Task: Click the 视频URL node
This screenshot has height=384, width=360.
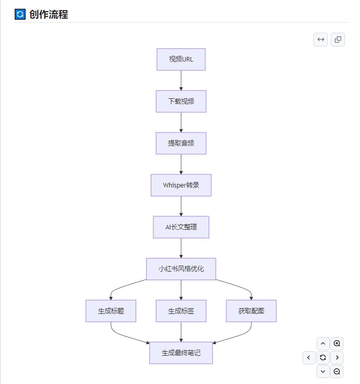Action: [181, 59]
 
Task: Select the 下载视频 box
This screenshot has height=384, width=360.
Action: [181, 101]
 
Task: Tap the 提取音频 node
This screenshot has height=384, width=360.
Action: [181, 143]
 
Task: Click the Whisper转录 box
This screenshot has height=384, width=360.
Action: [181, 185]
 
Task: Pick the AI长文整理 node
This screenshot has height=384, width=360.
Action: [181, 227]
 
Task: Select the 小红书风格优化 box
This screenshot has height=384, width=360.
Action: [181, 269]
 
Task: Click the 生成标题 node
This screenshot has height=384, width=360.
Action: [111, 311]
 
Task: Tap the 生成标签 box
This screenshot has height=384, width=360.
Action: [181, 311]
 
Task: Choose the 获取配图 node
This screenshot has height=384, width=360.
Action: [251, 311]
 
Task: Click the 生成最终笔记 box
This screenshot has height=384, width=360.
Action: [181, 353]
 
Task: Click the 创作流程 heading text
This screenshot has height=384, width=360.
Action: [48, 14]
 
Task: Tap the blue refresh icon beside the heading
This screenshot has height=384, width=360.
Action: [20, 14]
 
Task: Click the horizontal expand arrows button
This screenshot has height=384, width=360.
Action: [321, 39]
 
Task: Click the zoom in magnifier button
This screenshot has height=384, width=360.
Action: [337, 344]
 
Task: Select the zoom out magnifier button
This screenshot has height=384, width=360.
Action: [337, 372]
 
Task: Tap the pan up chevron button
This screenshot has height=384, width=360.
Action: [323, 344]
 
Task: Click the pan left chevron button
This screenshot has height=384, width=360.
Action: [309, 358]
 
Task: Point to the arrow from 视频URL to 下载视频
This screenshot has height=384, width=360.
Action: [181, 81]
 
